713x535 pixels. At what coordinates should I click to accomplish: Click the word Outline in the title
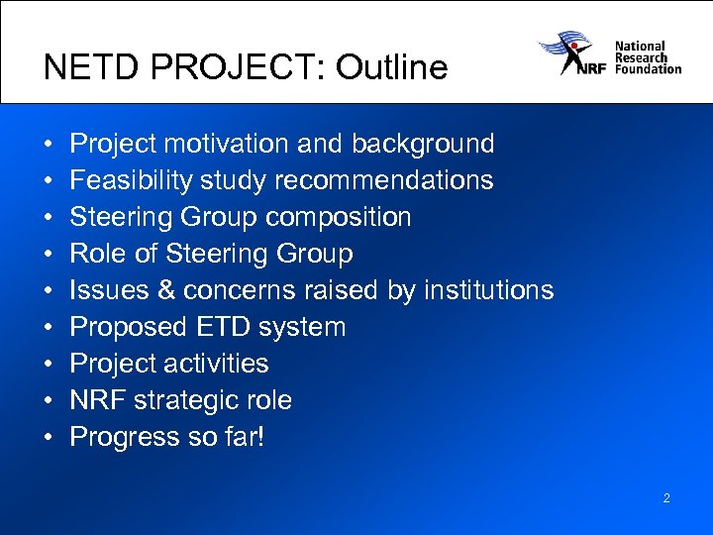[x=391, y=67]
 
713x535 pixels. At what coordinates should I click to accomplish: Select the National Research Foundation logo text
[x=648, y=57]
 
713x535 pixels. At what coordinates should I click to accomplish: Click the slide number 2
[x=666, y=498]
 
